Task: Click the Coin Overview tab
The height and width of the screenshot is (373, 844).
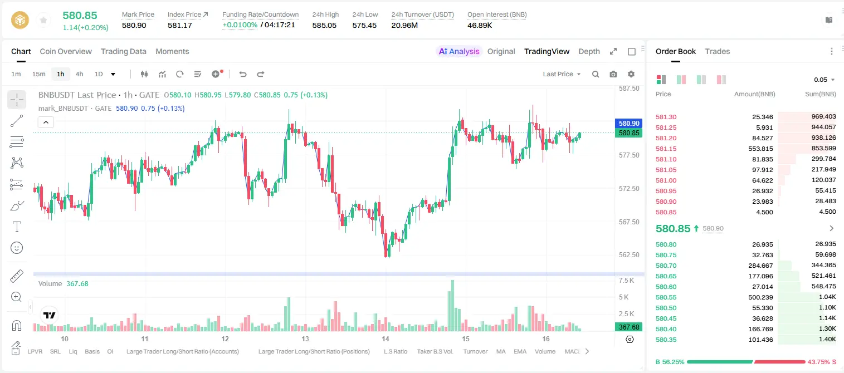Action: pos(66,51)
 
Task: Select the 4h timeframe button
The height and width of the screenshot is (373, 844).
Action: pos(79,74)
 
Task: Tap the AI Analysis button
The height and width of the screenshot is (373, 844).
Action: pos(459,51)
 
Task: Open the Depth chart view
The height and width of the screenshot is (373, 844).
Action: pos(589,51)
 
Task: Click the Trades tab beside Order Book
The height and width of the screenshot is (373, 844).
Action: pos(718,51)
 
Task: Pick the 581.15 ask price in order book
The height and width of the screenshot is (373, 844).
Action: pos(666,149)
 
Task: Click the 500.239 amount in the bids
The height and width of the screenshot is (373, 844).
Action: pos(760,297)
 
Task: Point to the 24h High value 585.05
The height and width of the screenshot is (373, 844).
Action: pos(324,25)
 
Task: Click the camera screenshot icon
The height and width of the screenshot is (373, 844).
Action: pos(613,74)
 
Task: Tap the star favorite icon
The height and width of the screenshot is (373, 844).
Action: pos(43,20)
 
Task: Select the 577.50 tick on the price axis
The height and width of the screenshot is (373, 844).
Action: pos(629,155)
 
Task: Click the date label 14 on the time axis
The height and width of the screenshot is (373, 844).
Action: pos(385,338)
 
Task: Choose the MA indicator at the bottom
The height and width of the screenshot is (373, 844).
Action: pos(501,351)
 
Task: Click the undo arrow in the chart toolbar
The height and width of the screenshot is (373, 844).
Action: pos(243,74)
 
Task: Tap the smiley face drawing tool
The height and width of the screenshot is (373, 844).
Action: pos(17,248)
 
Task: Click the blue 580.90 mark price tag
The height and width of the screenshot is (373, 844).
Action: pos(628,124)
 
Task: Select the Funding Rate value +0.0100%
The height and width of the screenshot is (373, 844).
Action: pos(240,25)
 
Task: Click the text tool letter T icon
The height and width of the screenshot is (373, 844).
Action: pos(17,227)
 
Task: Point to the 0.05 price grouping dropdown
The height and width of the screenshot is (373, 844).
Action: pos(824,80)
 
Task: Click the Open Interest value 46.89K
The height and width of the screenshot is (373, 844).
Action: pos(480,25)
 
